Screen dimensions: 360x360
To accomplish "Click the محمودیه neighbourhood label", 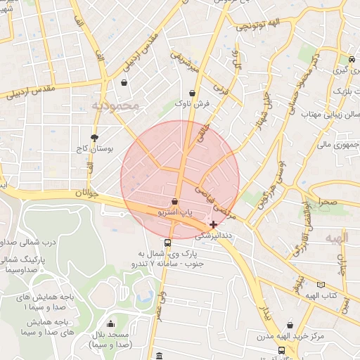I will [x=117, y=105].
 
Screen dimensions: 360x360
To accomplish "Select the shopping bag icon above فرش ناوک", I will [x=192, y=93].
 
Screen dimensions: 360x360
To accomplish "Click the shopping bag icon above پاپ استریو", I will [x=174, y=202].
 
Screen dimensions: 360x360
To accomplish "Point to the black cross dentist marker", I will [x=214, y=224].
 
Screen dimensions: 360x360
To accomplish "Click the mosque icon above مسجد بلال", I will [x=110, y=324].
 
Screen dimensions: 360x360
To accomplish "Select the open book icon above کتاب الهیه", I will [x=321, y=285].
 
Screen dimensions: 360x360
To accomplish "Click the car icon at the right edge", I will [x=352, y=59].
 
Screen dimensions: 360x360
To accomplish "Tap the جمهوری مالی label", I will [x=338, y=144].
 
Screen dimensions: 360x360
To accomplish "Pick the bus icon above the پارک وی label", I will [x=167, y=243].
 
